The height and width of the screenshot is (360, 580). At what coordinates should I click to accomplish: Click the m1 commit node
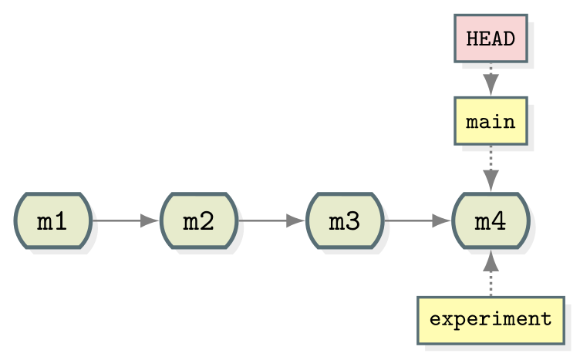coord(52,221)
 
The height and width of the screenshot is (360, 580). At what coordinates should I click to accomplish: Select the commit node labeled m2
coord(198,221)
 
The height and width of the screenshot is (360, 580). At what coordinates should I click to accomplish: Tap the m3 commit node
coord(344,221)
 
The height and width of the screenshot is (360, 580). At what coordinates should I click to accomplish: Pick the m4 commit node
coord(491,221)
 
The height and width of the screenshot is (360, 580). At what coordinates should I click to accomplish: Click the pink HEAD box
coord(491,38)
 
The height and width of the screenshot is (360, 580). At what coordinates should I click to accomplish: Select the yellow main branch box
coord(491,121)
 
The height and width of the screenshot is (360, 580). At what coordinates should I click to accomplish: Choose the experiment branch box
coord(491,319)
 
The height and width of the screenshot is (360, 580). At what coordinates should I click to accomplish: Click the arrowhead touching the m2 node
coord(150,221)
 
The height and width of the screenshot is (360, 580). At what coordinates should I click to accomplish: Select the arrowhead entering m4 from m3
coord(441,221)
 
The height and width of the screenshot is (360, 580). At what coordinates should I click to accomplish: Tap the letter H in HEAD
coord(472,39)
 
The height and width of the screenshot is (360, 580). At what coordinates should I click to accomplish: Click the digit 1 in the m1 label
coord(62,222)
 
